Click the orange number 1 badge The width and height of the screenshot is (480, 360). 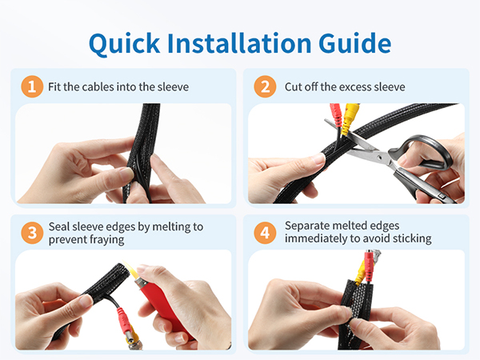coord(30,86)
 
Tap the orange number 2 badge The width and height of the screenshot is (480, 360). coord(265,86)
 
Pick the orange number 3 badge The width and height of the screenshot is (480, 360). coord(30,232)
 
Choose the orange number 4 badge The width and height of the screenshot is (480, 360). coord(265,232)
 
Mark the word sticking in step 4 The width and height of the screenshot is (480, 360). coord(409,238)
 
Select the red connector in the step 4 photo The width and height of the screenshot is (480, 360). coord(368,263)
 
